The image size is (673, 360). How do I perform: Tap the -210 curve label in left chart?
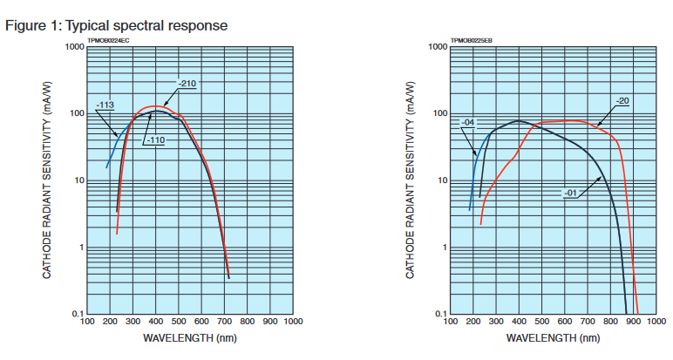click(x=187, y=84)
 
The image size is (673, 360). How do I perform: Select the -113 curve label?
click(x=106, y=105)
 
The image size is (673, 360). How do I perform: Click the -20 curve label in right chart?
click(x=622, y=101)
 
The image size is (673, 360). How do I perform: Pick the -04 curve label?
click(x=468, y=122)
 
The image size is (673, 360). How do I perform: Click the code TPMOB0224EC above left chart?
click(x=109, y=40)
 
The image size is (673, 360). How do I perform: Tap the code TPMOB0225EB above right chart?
click(x=472, y=40)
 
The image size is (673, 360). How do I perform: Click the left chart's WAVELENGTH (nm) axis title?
click(x=189, y=338)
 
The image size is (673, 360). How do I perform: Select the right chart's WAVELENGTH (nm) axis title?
click(x=552, y=338)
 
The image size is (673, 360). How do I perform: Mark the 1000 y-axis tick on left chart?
click(x=74, y=47)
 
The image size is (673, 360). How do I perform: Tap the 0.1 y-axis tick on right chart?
click(x=440, y=315)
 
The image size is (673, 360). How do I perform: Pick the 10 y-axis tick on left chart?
click(x=77, y=181)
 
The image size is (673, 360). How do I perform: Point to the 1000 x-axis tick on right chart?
click(x=656, y=323)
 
